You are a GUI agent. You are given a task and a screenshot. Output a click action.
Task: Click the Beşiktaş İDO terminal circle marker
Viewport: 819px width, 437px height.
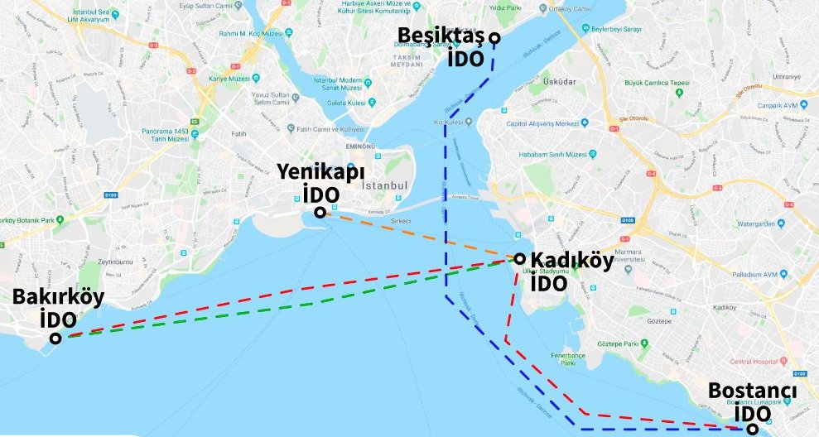pos(494,37)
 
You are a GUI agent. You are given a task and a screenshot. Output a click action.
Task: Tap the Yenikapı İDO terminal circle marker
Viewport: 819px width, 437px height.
pos(320,213)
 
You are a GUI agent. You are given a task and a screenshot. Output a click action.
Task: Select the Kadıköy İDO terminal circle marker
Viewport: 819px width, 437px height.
pos(519,259)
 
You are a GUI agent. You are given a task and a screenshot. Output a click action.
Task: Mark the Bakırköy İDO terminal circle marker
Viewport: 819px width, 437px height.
pos(55,338)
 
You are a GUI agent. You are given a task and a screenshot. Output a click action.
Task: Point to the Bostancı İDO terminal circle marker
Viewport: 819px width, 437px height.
pos(751,429)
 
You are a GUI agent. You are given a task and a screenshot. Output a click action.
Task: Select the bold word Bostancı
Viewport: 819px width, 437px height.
pos(752,391)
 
